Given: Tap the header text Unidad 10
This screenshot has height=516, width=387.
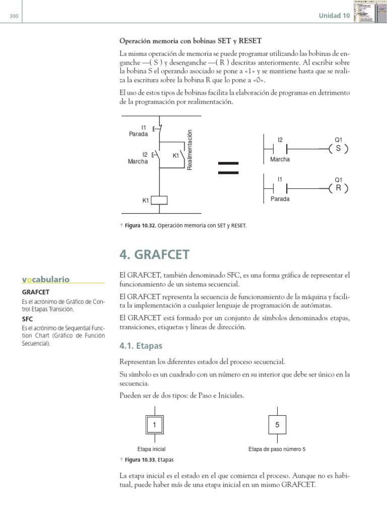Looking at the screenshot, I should tap(334, 16).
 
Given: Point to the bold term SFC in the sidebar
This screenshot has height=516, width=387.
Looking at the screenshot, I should tap(28, 319).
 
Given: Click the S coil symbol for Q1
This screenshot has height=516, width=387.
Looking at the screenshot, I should tap(338, 149).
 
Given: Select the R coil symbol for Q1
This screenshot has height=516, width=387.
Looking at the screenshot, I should tap(338, 188).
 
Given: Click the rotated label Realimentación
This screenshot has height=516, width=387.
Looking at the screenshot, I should tap(190, 150).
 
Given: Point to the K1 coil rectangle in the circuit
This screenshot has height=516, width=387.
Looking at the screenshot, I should tap(159, 200).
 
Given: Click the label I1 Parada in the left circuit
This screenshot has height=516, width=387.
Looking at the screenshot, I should tap(139, 131).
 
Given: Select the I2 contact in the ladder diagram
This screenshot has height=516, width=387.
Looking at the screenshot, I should tap(280, 149).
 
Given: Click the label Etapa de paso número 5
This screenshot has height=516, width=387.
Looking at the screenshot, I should tap(277, 449).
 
